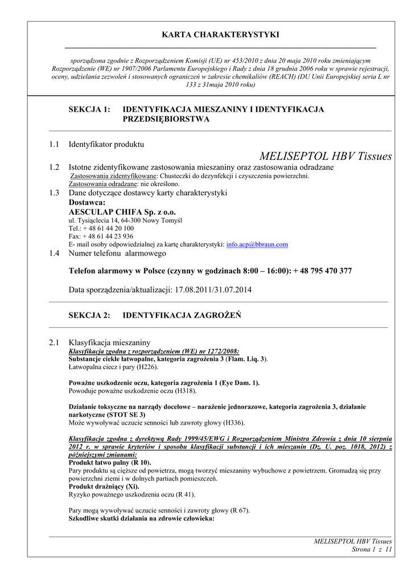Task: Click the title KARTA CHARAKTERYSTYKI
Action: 220,35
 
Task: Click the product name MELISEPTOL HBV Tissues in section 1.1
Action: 325,156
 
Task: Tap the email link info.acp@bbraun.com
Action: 257,244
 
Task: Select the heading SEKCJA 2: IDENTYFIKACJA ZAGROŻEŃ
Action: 154,315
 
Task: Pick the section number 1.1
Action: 54,145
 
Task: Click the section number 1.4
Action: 54,253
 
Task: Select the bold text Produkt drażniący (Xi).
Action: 104,487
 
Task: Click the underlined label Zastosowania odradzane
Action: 102,184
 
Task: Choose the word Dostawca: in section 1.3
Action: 87,202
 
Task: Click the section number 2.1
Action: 54,343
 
